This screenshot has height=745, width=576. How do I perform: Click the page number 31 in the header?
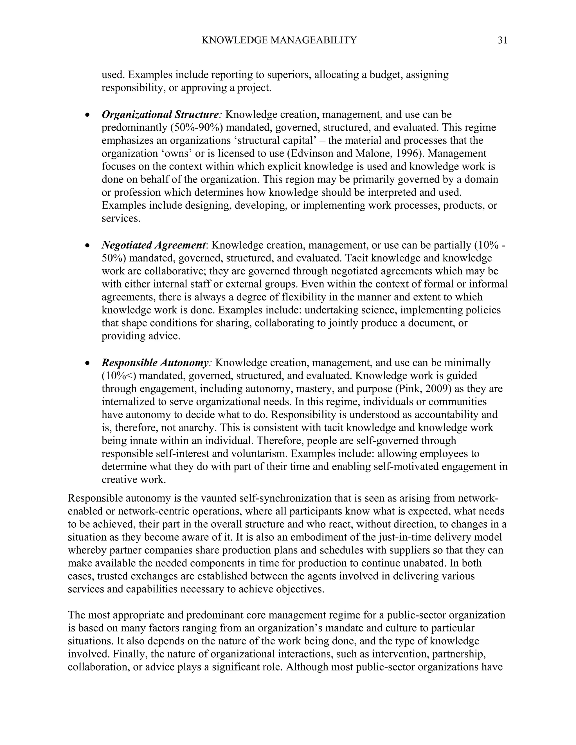click(x=502, y=40)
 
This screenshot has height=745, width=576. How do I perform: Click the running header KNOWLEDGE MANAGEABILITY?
click(x=279, y=40)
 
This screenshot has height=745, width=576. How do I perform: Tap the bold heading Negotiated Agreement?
click(x=154, y=245)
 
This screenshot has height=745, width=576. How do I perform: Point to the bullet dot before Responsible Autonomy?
click(x=88, y=363)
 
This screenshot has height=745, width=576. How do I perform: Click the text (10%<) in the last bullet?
click(x=119, y=376)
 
